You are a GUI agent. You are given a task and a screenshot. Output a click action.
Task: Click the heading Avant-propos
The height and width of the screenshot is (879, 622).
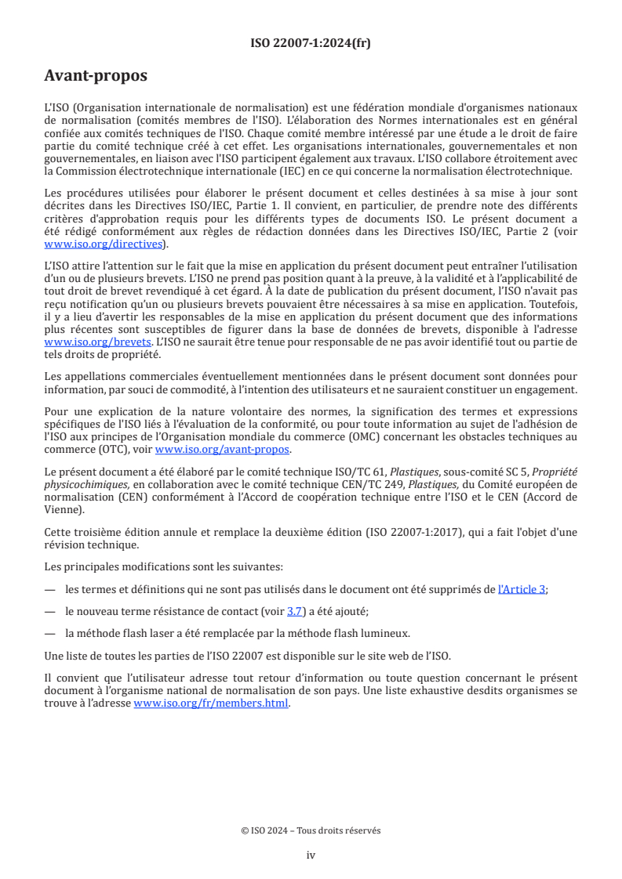(x=96, y=76)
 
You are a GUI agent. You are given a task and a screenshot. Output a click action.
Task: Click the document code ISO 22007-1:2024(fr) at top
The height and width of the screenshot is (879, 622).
(x=311, y=43)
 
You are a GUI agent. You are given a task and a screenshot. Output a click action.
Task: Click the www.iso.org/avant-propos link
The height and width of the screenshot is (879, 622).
(x=223, y=449)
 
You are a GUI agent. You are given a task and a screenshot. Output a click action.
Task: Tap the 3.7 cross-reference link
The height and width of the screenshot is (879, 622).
(x=295, y=611)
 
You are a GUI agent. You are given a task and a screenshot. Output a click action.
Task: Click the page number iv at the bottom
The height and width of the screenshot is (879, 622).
(x=311, y=855)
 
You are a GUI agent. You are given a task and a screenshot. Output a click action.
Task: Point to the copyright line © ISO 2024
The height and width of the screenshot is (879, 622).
(x=311, y=830)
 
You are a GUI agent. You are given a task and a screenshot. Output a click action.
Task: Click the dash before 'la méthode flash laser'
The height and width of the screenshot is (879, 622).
(x=50, y=634)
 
